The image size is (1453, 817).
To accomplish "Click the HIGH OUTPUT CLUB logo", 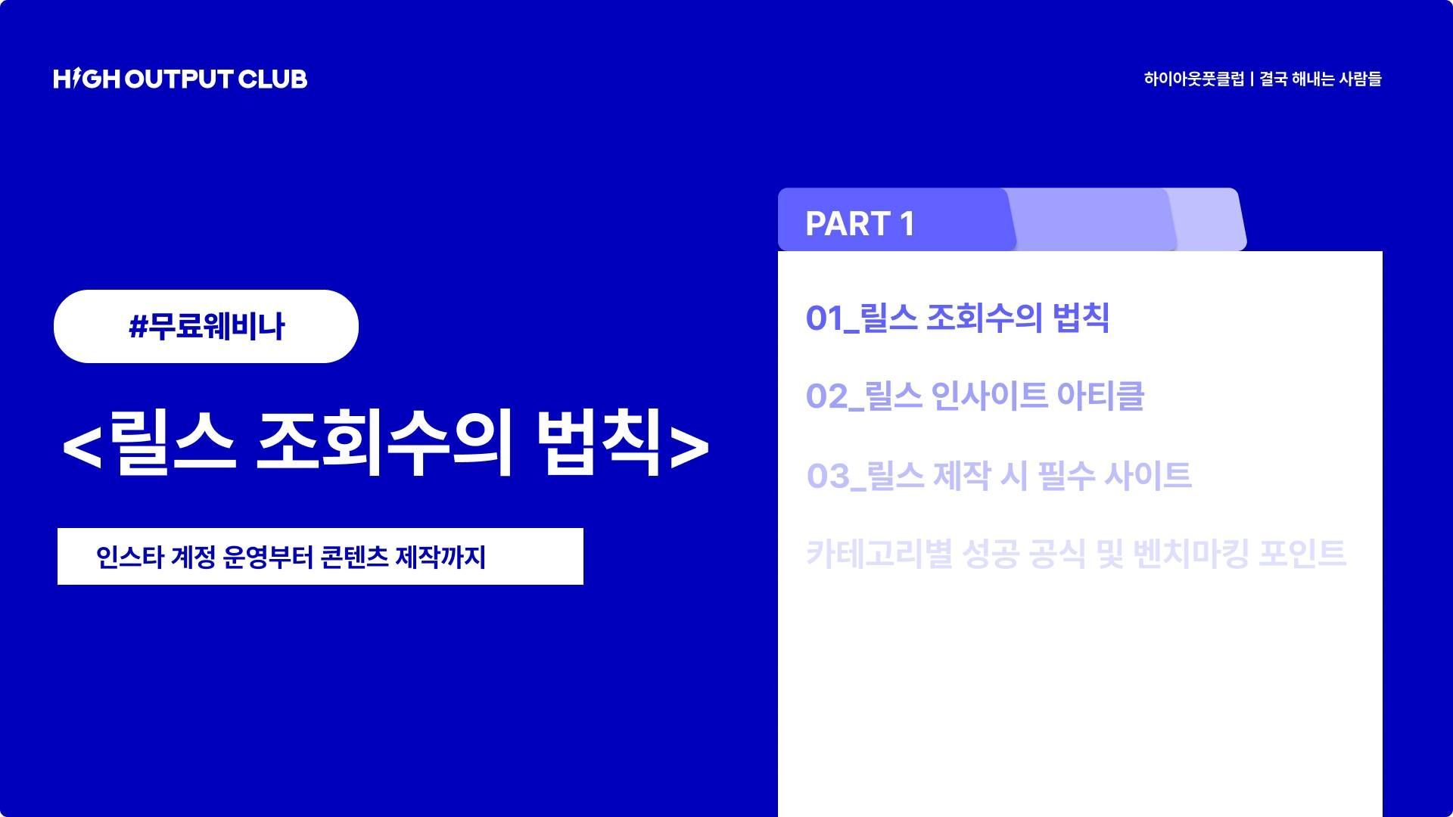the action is pos(180,79).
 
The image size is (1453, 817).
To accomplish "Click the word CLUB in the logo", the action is pos(272,79).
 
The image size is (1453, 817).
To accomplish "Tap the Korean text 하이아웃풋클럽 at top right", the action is pos(1193,79).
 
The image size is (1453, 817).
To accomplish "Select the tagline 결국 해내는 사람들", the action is pos(1321,79).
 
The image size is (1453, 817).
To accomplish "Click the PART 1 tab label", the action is pos(860,224).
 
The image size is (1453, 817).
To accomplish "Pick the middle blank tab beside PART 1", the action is pos(1091,219).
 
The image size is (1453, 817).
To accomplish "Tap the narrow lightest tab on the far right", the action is pos(1206,219).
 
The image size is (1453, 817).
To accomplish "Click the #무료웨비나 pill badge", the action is pos(206,326).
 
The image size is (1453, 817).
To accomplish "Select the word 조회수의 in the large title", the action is pos(385,443).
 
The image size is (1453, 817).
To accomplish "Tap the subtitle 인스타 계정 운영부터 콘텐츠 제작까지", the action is pos(291,557).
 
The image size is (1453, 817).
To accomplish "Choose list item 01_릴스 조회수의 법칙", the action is pos(957,318).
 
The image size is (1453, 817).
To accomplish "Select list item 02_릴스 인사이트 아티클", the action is pos(975,396).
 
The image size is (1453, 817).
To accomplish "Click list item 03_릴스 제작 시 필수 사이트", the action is pos(999,475).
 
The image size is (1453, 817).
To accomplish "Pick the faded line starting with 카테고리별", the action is pos(1075,554).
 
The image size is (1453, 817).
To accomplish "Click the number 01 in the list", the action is pos(824,318).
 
